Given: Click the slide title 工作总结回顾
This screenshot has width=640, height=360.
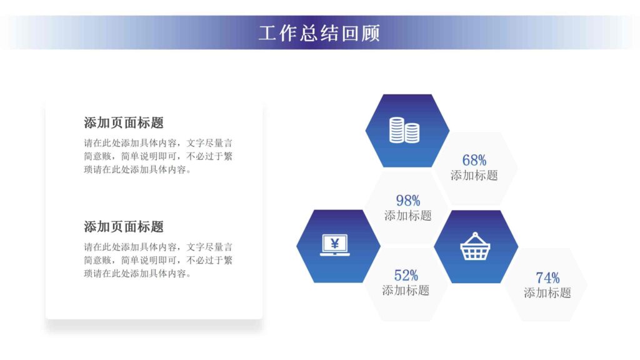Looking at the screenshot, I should tap(319, 32).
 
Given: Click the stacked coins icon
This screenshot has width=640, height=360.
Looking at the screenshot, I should tap(404, 130).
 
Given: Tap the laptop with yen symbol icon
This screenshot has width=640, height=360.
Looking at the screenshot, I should tap(334, 246).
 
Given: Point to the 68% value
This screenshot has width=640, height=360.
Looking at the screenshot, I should tap(474, 160).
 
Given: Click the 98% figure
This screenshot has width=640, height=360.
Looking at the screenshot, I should tap(407, 201).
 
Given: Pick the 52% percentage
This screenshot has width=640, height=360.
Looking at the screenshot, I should tap(406, 275).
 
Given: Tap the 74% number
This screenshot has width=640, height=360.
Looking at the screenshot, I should tap(547, 277).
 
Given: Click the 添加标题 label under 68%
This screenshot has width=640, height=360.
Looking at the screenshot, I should tap(474, 176).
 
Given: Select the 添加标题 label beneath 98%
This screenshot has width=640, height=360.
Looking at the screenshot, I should tap(407, 216).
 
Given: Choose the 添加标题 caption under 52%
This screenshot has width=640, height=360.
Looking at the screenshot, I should tap(406, 290).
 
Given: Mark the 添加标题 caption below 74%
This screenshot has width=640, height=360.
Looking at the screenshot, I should tap(547, 292).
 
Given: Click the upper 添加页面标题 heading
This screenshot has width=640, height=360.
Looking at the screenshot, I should tap(124, 122).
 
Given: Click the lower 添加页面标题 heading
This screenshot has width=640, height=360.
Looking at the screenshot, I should tap(124, 226).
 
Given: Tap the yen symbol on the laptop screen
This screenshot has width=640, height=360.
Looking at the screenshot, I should tap(334, 243).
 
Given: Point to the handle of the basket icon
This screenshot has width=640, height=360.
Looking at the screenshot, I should tap(476, 237).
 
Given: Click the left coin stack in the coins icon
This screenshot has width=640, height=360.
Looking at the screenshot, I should tap(397, 129).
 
